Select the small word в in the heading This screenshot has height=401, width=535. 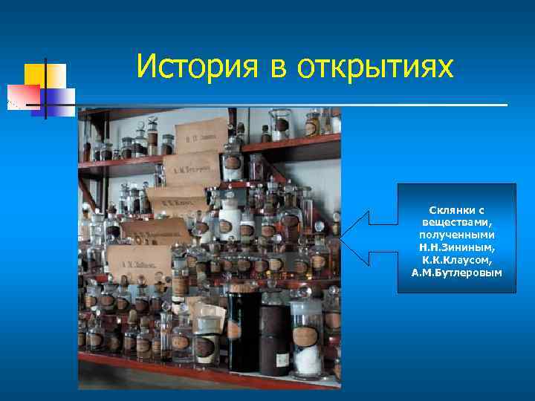tap(278, 70)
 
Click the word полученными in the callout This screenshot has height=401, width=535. tap(456, 234)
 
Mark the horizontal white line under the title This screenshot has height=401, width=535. tap(290, 105)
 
